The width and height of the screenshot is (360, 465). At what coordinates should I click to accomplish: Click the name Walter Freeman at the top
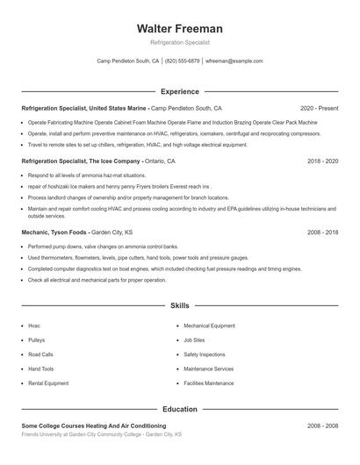click(x=180, y=28)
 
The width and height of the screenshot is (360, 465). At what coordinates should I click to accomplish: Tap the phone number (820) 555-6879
click(x=182, y=61)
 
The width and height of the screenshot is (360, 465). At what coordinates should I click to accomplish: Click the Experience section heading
click(x=180, y=91)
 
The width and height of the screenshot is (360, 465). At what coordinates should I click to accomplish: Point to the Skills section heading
click(x=180, y=306)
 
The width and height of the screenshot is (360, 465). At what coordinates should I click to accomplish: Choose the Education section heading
click(x=180, y=409)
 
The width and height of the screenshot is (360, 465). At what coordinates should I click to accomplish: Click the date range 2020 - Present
click(x=319, y=108)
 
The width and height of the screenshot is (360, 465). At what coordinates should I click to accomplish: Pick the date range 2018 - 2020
click(x=322, y=161)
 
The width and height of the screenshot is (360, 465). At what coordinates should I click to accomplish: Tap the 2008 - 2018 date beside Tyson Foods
click(x=322, y=232)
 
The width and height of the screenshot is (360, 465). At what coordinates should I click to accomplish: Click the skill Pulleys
click(x=36, y=340)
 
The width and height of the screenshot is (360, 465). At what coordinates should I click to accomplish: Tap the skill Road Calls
click(x=40, y=354)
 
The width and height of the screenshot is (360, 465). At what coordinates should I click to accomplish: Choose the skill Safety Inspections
click(x=205, y=354)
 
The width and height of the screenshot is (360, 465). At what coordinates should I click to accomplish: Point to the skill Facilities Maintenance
click(x=209, y=383)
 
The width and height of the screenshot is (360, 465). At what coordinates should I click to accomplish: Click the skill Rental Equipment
click(x=48, y=383)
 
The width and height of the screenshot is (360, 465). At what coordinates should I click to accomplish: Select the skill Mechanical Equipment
click(x=209, y=325)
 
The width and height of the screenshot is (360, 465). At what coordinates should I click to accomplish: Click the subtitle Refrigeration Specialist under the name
click(x=180, y=42)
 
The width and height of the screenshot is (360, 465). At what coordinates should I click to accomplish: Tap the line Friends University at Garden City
click(x=101, y=434)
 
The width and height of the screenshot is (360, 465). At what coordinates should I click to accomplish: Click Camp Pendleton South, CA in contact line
click(x=127, y=61)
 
